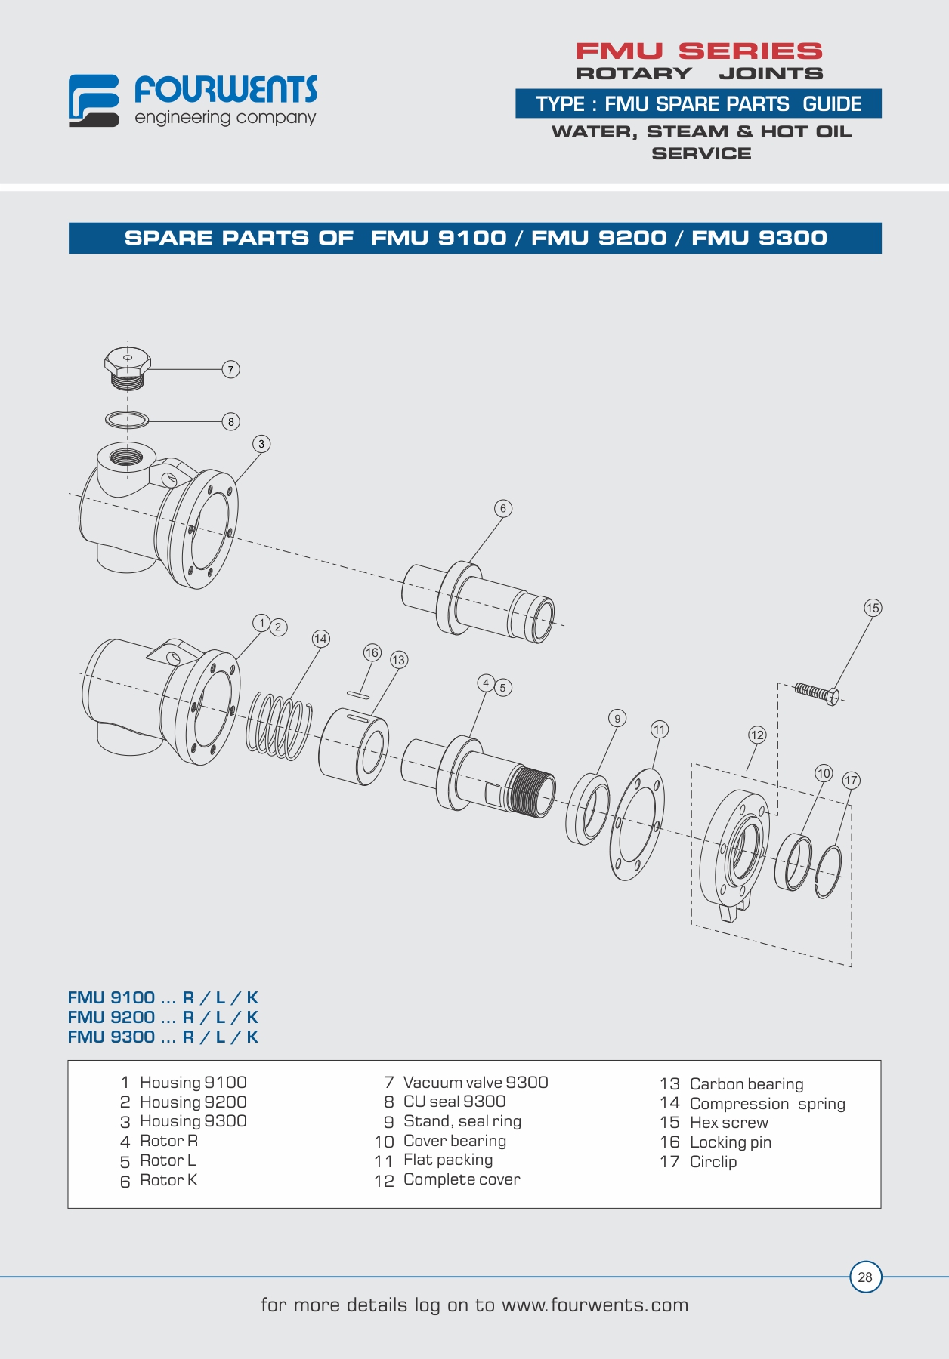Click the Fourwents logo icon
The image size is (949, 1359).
click(x=94, y=100)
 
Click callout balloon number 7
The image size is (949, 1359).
click(x=231, y=369)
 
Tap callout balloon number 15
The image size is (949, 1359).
click(x=873, y=608)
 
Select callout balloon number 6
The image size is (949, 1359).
click(x=503, y=508)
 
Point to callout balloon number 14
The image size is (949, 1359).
click(x=320, y=639)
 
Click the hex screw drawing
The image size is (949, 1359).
click(x=817, y=692)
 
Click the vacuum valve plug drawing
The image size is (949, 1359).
click(x=127, y=368)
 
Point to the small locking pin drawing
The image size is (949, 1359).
click(x=357, y=693)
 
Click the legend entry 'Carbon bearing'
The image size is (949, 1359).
click(x=747, y=1084)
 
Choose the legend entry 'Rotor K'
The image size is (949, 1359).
click(x=168, y=1180)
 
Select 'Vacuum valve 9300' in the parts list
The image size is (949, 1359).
click(x=476, y=1083)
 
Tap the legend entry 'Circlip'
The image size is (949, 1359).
click(x=713, y=1162)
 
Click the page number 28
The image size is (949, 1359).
click(x=865, y=1277)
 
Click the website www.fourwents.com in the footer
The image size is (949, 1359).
click(x=595, y=1305)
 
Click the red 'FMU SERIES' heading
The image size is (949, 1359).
click(x=699, y=51)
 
